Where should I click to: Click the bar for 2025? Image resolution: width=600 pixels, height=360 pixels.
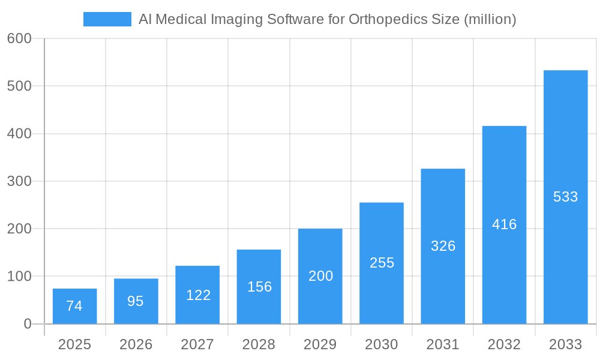(74, 306)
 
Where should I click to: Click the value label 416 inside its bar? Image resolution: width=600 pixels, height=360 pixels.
(504, 224)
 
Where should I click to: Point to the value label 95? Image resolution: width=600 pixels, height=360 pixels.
(136, 301)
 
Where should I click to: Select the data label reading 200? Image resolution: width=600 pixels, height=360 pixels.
(320, 276)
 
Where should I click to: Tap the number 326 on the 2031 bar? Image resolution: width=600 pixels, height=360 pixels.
(443, 246)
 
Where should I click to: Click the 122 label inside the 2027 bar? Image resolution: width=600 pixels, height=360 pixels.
(198, 295)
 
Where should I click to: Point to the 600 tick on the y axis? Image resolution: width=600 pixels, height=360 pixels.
(19, 38)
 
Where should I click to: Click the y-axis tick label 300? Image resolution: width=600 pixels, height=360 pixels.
(19, 181)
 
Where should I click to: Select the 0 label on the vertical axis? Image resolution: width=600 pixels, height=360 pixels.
(28, 324)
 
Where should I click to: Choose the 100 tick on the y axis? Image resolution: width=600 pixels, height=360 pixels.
(19, 277)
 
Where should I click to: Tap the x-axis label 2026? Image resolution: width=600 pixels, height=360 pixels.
(136, 345)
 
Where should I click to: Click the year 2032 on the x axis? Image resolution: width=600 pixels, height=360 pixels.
(504, 345)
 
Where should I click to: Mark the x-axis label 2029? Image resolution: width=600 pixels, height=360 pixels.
(320, 345)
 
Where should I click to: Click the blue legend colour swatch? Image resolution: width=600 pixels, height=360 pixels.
(107, 19)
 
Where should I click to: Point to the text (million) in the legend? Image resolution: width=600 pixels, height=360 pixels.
(490, 19)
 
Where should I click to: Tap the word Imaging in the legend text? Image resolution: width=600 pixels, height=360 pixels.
(236, 20)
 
